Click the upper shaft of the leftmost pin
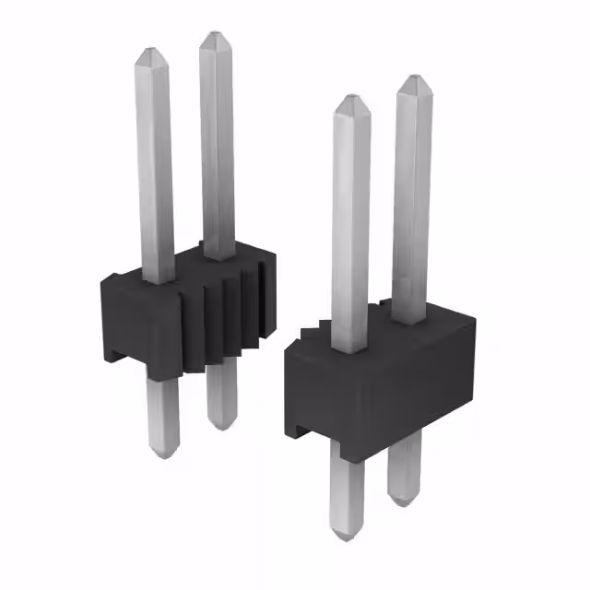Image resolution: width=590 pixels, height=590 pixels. point(154,166)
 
